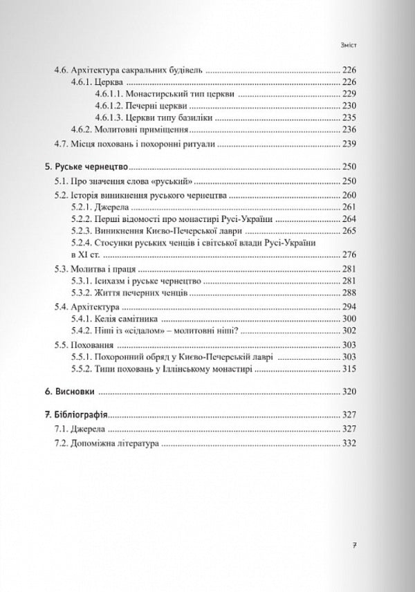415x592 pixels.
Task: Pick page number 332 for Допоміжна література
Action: tap(347, 443)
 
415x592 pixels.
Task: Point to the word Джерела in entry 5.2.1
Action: tap(113, 207)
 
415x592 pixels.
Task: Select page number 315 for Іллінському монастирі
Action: tap(347, 371)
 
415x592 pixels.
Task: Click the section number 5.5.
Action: tap(62, 344)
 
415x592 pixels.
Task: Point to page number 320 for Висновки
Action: tap(347, 392)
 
